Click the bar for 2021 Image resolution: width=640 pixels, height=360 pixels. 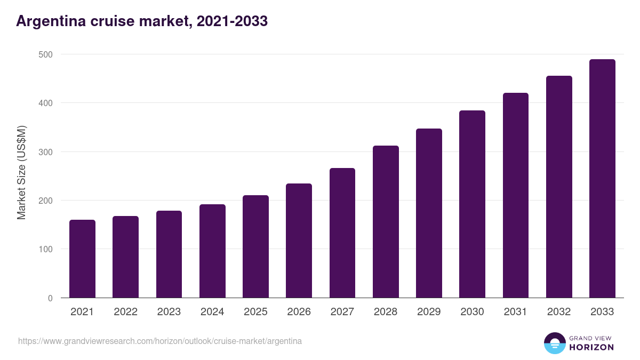click(x=82, y=259)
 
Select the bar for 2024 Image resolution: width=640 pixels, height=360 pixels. click(x=212, y=251)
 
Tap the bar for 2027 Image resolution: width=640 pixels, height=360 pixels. click(x=342, y=233)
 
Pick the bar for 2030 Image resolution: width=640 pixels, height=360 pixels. click(x=472, y=204)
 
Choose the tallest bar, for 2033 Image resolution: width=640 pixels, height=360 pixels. click(x=602, y=179)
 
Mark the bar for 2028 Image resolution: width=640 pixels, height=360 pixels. click(x=386, y=222)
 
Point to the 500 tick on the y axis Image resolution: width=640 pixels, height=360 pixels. click(x=46, y=54)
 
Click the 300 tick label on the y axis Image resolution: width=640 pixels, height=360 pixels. click(x=46, y=152)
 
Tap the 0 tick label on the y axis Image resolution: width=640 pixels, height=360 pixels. click(x=50, y=298)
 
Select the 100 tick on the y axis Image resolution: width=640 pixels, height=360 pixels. click(x=46, y=249)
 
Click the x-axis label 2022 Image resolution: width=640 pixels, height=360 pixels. click(x=125, y=312)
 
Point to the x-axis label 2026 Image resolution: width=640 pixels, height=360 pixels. click(x=299, y=312)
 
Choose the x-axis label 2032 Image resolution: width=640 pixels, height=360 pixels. click(x=559, y=312)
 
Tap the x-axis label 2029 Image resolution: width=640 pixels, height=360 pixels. click(x=429, y=312)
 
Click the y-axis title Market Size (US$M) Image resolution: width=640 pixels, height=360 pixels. click(x=21, y=173)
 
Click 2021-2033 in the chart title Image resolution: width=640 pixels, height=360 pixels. click(x=232, y=21)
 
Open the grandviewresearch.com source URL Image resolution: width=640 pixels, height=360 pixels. click(x=160, y=341)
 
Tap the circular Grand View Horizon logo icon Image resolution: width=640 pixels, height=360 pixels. click(x=554, y=343)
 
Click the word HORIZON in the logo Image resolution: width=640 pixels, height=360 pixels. click(x=591, y=347)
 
